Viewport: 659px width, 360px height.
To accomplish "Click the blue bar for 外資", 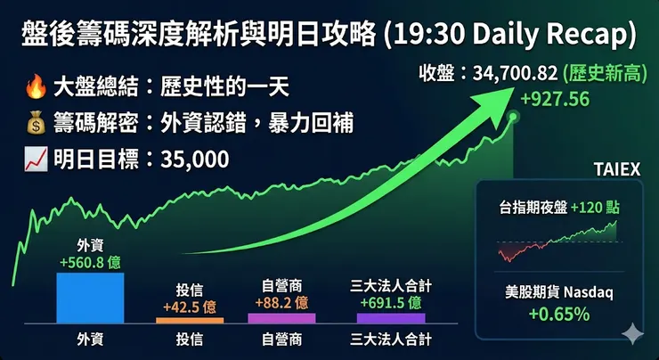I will click(89, 297).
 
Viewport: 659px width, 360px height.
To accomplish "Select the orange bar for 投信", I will click(190, 319).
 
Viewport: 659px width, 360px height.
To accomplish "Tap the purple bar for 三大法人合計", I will click(391, 316).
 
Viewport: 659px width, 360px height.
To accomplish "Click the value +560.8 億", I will click(89, 262).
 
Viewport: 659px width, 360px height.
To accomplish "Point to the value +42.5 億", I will click(190, 306).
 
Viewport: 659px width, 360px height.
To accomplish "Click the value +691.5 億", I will click(391, 301).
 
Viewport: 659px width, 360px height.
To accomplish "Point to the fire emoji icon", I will click(35, 88).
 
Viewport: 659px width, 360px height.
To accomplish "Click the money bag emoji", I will click(35, 124).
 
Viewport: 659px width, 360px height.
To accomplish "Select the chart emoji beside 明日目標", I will click(35, 160).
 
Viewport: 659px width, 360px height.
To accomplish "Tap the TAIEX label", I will click(616, 168).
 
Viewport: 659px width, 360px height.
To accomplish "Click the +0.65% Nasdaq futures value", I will click(558, 314).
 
